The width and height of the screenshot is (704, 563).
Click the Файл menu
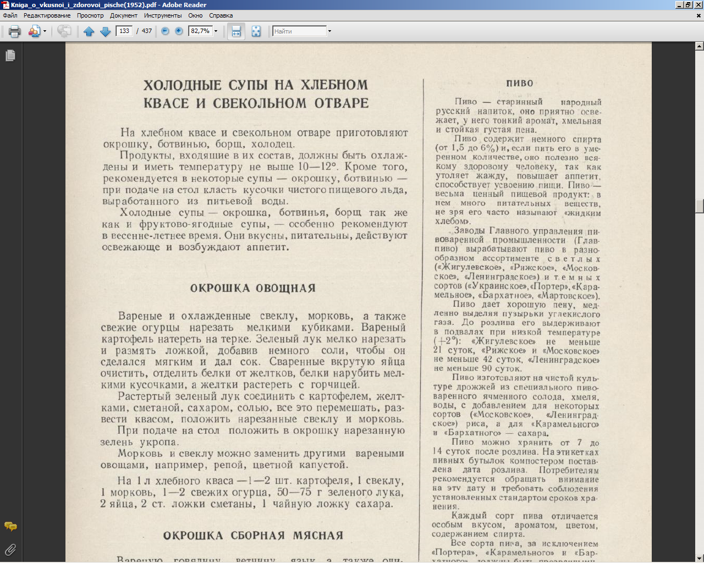click(x=10, y=15)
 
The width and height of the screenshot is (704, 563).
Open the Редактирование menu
click(x=47, y=15)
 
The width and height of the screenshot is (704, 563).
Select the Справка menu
click(x=221, y=15)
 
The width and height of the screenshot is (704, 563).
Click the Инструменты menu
click(x=163, y=15)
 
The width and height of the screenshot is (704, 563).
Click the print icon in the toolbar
click(x=15, y=31)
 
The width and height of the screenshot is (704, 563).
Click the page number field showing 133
click(x=124, y=31)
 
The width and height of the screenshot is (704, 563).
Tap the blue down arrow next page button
click(x=106, y=31)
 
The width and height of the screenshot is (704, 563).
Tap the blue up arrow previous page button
click(x=89, y=31)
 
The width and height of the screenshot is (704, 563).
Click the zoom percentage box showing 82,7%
click(x=200, y=31)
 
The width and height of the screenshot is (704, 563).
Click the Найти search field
click(x=299, y=31)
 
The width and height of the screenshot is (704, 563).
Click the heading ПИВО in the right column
click(x=520, y=84)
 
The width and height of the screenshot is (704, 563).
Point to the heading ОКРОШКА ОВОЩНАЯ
click(x=253, y=289)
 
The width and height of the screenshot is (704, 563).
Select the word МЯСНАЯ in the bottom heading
click(x=318, y=536)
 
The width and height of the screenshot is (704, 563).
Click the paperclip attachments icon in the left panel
click(x=10, y=549)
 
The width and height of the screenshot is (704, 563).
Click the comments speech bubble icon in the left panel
click(x=10, y=527)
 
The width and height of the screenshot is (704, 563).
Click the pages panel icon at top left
click(x=10, y=56)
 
